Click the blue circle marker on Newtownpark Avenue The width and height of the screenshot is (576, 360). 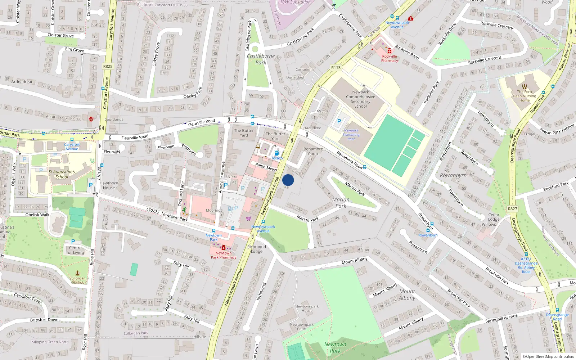(288, 180)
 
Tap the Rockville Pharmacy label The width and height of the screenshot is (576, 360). (390, 58)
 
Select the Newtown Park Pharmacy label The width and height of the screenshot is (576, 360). (224, 255)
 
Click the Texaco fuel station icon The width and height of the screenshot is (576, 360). (276, 153)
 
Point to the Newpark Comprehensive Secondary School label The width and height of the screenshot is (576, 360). (360, 99)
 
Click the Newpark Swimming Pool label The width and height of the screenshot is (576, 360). (351, 135)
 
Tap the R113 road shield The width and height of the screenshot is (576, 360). (336, 68)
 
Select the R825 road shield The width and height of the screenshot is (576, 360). (108, 66)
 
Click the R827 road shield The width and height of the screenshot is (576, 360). (512, 209)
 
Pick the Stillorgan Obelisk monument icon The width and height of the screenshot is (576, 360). (77, 273)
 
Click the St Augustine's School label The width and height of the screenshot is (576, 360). (62, 174)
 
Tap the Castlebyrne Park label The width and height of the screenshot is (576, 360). (261, 59)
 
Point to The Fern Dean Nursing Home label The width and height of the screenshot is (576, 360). (525, 96)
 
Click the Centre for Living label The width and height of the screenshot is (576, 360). (75, 250)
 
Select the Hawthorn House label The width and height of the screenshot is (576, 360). (109, 185)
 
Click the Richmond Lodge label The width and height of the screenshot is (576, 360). (257, 249)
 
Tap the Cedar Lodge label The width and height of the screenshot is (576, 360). (494, 217)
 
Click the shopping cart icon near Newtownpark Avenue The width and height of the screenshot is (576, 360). (248, 219)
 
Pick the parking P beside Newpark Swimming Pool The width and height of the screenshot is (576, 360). (339, 122)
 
